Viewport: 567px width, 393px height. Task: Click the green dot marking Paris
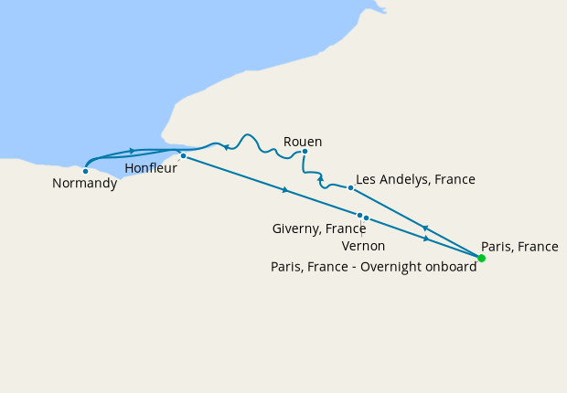pos(481,258)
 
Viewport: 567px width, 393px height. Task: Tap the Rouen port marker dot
pos(305,152)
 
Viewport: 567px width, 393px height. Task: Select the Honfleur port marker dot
pos(183,155)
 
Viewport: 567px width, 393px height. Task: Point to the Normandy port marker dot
pos(85,170)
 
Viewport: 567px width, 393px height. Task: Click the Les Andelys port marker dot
pos(350,187)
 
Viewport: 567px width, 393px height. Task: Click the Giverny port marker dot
pos(360,215)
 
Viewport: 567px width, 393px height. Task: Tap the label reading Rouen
pos(303,141)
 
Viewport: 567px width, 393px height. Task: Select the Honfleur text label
pos(152,168)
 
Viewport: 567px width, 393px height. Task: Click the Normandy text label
pos(84,183)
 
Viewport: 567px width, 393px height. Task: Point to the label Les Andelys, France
pos(415,179)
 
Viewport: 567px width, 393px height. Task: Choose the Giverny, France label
pos(319,228)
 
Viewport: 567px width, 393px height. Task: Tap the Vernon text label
pos(363,246)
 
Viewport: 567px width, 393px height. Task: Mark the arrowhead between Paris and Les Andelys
pos(425,228)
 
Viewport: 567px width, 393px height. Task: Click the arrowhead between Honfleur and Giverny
pos(286,190)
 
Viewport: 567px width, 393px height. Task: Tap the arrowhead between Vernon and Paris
pos(426,239)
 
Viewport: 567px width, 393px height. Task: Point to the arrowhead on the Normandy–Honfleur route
pos(134,151)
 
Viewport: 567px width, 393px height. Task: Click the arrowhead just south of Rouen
pos(320,180)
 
